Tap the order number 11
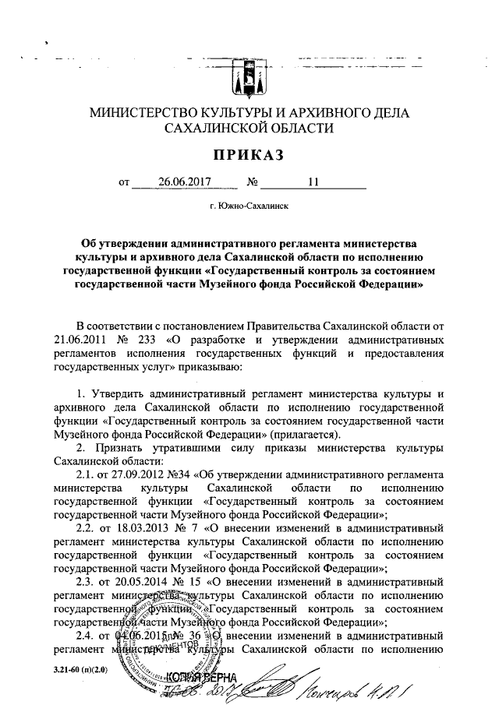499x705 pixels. [313, 184]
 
